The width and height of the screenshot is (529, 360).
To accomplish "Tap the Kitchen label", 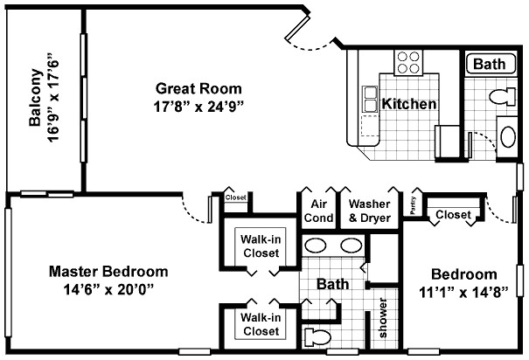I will tap(409, 104).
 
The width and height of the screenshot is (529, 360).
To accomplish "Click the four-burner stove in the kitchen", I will tap(407, 63).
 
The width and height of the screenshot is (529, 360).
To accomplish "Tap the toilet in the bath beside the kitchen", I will tap(501, 94).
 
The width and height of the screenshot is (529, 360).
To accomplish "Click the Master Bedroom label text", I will tap(108, 271).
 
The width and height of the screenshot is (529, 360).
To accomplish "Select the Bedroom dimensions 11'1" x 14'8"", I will tap(463, 293).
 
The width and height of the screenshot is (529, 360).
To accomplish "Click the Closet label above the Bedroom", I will tap(453, 214).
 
